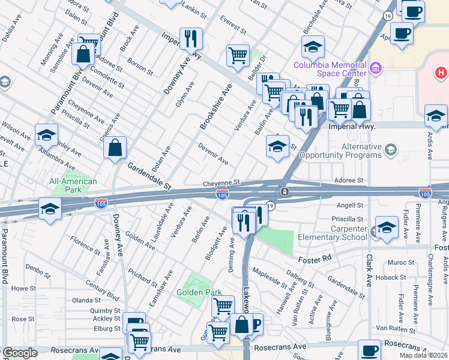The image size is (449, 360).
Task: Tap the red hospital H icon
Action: (x=441, y=74)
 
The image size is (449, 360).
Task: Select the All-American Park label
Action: (x=73, y=186)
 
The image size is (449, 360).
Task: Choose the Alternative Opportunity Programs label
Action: (x=362, y=151)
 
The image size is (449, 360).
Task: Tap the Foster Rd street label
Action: (x=315, y=259)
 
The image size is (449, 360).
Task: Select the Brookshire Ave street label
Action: (x=216, y=107)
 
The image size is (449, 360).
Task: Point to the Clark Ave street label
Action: (x=369, y=267)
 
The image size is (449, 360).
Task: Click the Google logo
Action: (x=20, y=353)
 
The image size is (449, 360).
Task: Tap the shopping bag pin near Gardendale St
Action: (x=114, y=148)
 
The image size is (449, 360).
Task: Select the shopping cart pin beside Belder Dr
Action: (x=238, y=56)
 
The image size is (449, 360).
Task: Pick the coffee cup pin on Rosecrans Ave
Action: (x=369, y=350)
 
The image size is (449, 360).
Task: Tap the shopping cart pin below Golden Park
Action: (x=223, y=306)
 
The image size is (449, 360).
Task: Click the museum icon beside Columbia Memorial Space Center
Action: (x=377, y=66)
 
